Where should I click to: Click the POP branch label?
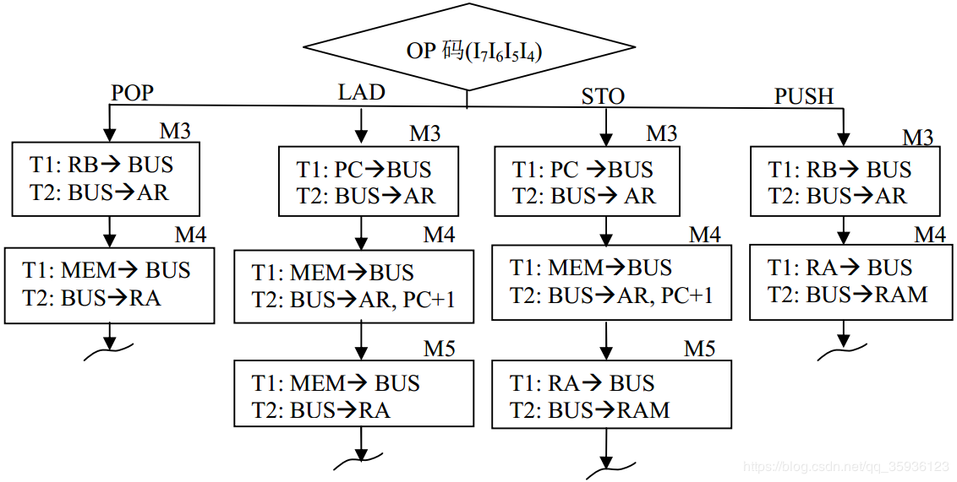tap(133, 92)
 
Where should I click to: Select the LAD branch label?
tap(361, 92)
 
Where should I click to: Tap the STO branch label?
tap(603, 96)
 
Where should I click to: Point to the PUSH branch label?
tap(803, 96)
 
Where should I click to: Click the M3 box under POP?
tap(106, 179)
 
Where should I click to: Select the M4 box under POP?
tap(110, 284)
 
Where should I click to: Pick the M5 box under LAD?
tap(353, 396)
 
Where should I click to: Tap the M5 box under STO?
tap(611, 396)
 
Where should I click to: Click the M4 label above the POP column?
tap(190, 235)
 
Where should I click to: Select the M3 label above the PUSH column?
tap(918, 137)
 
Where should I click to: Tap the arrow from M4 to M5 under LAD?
tap(362, 341)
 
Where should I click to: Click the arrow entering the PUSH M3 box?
tap(842, 127)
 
